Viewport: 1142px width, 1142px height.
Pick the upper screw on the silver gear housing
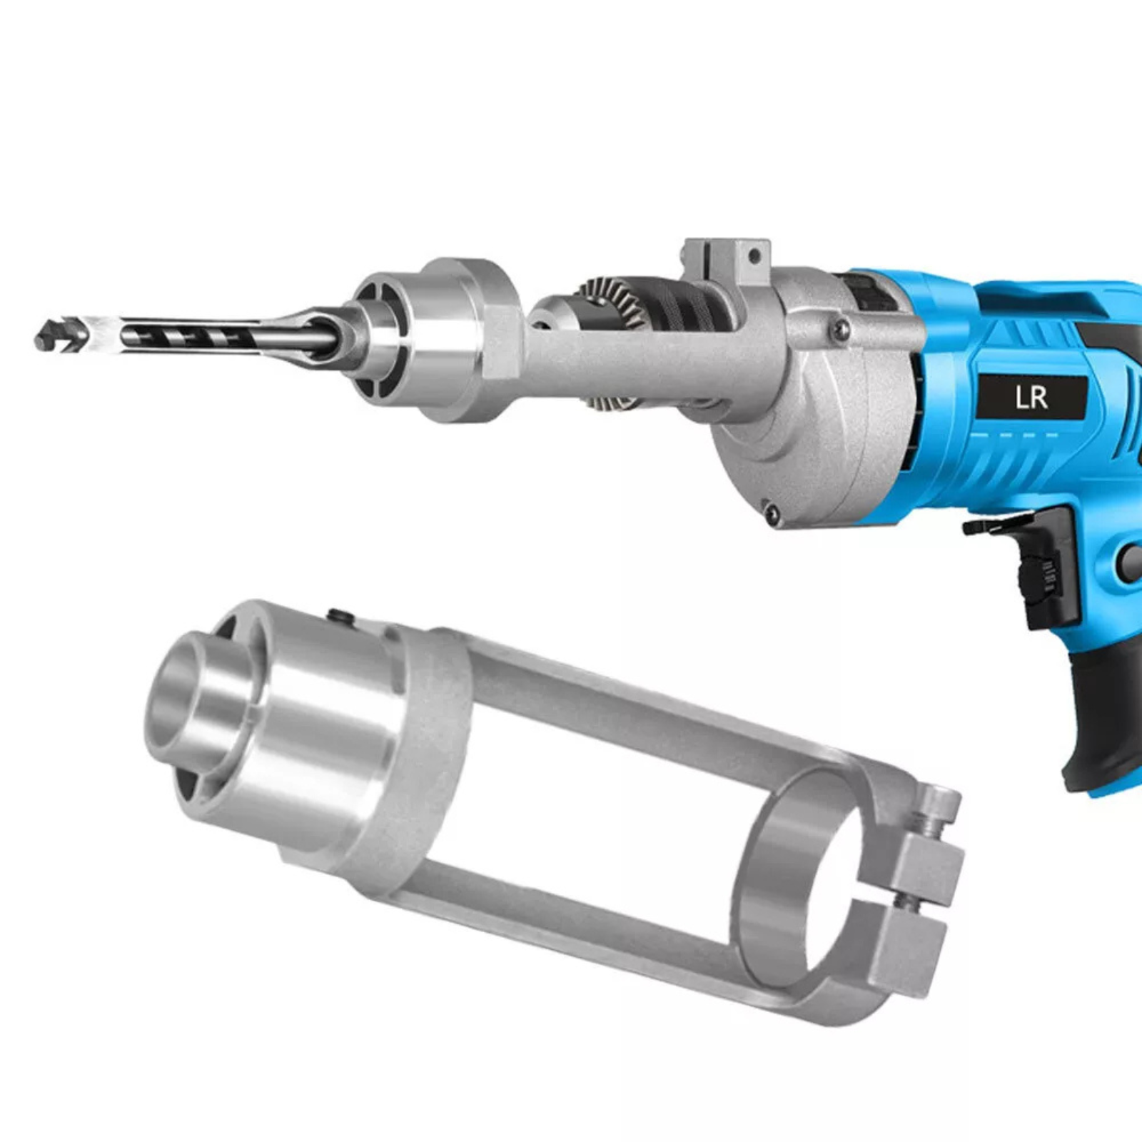coord(842,328)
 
